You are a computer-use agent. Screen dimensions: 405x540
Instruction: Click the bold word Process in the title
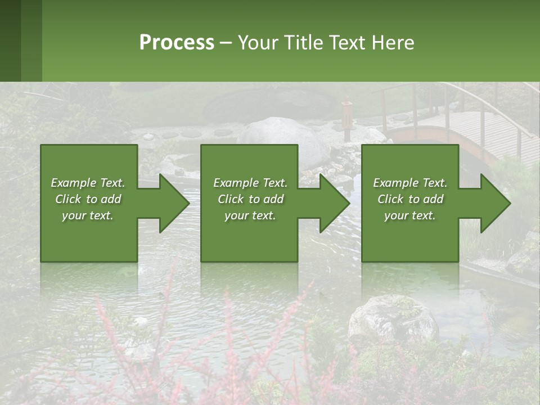coord(177,43)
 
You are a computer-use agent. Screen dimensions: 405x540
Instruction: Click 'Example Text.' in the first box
coord(88,183)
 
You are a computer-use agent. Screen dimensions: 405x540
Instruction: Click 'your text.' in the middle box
coord(250,215)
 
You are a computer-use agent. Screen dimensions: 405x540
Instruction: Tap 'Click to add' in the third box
coord(410,199)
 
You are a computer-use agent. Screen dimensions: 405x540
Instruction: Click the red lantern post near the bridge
coord(347,118)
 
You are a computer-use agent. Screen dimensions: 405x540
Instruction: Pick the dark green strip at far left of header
coord(10,40)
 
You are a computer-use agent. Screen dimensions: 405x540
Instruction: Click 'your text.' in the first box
coord(88,215)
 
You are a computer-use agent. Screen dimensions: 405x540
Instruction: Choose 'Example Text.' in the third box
coord(410,183)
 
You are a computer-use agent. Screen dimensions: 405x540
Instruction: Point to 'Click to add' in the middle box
coord(250,199)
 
